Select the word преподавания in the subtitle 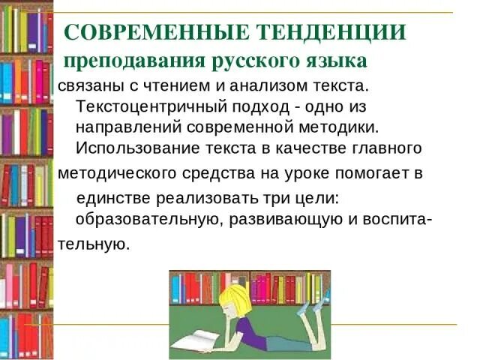click(x=119, y=59)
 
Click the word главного click(x=383, y=146)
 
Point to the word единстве click(x=114, y=198)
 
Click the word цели click(x=323, y=198)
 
